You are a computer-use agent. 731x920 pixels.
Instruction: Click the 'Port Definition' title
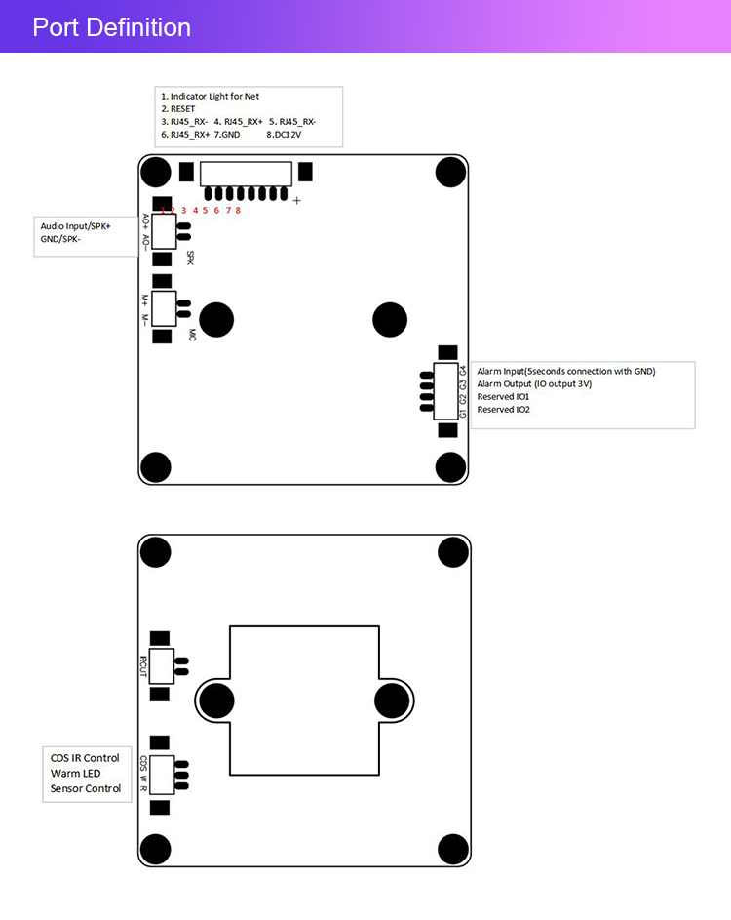(x=111, y=27)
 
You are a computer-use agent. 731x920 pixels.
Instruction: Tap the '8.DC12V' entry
(x=284, y=134)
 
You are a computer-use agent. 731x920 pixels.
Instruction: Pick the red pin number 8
(x=238, y=210)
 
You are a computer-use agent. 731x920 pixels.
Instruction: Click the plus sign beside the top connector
(x=296, y=201)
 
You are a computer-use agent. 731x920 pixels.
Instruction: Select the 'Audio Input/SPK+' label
(x=75, y=225)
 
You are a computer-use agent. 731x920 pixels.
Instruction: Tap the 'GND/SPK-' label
(x=60, y=238)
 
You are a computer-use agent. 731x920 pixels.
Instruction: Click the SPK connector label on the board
(x=191, y=259)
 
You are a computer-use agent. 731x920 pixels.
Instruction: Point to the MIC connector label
(x=192, y=335)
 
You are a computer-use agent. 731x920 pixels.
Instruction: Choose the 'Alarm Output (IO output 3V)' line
(x=534, y=383)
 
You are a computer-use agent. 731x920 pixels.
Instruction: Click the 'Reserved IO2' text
(x=503, y=409)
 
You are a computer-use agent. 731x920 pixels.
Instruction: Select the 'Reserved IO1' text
(x=503, y=396)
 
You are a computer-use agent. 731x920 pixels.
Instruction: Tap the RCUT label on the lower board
(x=143, y=666)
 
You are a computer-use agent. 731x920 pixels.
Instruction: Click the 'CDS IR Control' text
(x=85, y=758)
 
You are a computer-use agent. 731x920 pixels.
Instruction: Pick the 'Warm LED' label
(x=76, y=773)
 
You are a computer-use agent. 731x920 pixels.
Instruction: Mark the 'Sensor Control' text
(x=86, y=788)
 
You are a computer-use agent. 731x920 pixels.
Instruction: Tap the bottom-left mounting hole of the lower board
(x=156, y=848)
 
